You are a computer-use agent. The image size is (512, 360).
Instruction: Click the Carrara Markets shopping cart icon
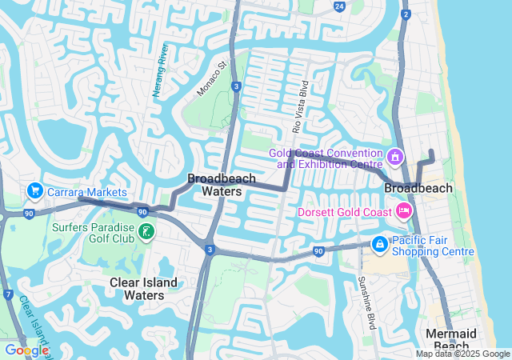pos(34,191)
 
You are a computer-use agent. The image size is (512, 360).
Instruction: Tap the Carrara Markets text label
pos(86,193)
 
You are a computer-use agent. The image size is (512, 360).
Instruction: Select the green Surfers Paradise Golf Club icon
pos(146,232)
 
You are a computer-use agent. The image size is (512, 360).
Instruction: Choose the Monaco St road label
pos(213,77)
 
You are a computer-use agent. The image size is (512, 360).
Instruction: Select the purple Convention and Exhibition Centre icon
pos(394,154)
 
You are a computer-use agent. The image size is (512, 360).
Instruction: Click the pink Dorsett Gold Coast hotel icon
pos(404,211)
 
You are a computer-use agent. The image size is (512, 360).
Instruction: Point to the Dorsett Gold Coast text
pos(344,212)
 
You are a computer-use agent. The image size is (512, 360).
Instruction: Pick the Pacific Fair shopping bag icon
pos(380,243)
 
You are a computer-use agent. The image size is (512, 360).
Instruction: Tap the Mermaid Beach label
pos(450,338)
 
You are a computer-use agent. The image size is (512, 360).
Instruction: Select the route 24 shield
pos(339,7)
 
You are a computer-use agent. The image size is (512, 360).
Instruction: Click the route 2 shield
pos(406,14)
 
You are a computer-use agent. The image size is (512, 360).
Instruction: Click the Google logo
pos(26,350)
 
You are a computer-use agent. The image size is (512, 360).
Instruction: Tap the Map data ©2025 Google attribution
pos(462,354)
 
